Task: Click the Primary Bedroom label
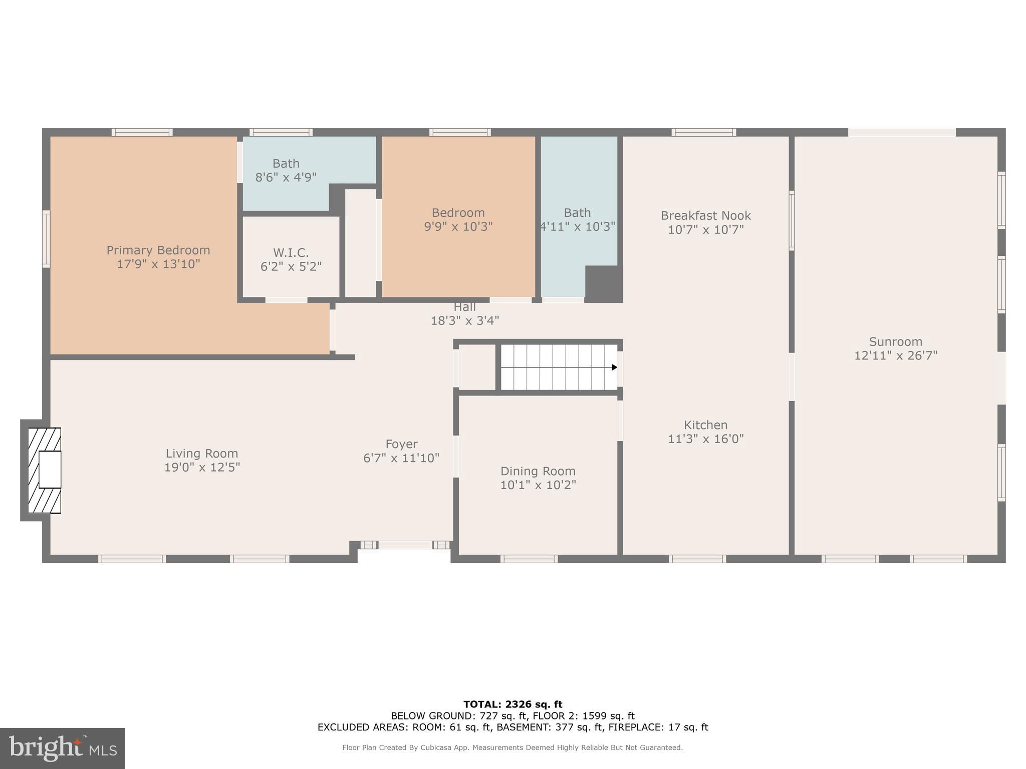[158, 250]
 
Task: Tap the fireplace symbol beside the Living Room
[45, 470]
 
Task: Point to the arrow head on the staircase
[614, 367]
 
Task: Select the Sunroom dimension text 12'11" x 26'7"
[896, 355]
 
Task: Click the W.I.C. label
[291, 253]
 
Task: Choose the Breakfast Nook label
[705, 216]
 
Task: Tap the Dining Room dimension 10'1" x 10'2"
[538, 485]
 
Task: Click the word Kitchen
[705, 425]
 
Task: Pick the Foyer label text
[401, 444]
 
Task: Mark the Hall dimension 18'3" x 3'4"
[465, 320]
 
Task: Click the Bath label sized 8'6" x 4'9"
[286, 164]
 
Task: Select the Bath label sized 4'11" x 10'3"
[577, 213]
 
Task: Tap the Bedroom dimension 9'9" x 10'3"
[458, 226]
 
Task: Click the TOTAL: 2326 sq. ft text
[512, 704]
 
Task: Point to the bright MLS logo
[63, 748]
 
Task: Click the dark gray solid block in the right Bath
[603, 284]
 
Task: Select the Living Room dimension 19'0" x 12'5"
[202, 467]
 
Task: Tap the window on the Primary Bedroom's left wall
[46, 239]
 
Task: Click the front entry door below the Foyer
[405, 545]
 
